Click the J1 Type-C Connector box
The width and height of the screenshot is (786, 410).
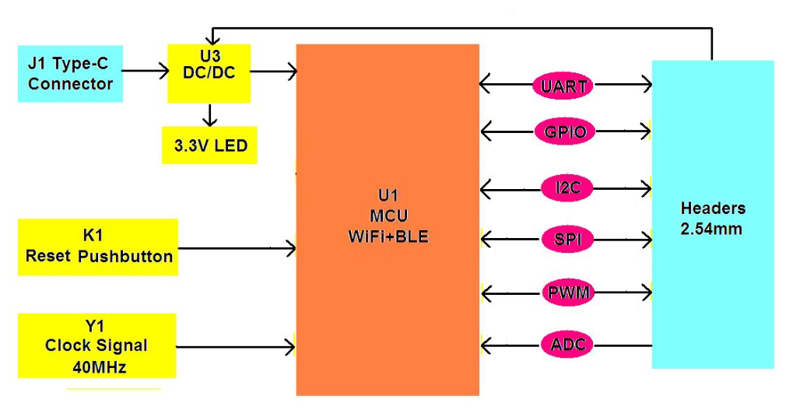71,74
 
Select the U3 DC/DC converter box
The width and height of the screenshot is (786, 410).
209,73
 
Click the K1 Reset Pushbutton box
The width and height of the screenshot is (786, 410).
98,247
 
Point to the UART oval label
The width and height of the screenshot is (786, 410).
563,86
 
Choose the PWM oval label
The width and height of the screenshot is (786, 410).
567,293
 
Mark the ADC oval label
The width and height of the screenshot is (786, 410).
567,344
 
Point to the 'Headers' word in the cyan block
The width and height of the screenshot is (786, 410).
713,208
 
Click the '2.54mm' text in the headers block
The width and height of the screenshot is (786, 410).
711,229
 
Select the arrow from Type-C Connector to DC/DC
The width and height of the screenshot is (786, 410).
146,71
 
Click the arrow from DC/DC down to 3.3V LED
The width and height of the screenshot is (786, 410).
209,115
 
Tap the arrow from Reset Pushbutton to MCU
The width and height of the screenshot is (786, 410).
237,249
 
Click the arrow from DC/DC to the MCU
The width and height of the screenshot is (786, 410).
273,72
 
